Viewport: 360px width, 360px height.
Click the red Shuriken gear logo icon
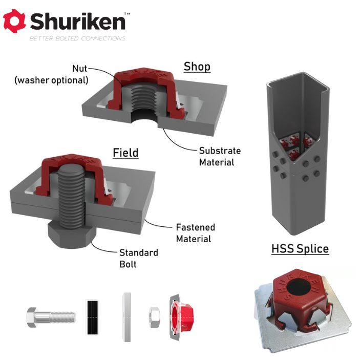click(x=14, y=21)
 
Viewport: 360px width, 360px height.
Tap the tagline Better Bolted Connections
click(x=77, y=38)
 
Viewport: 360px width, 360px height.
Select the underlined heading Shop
click(x=197, y=67)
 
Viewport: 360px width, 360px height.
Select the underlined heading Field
click(x=125, y=153)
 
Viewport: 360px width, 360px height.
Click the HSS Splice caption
click(x=300, y=249)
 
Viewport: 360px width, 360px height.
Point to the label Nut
click(x=80, y=69)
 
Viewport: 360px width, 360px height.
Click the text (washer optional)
click(x=51, y=80)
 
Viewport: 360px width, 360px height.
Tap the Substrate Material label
click(x=220, y=156)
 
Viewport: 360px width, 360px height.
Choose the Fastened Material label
click(x=196, y=233)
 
